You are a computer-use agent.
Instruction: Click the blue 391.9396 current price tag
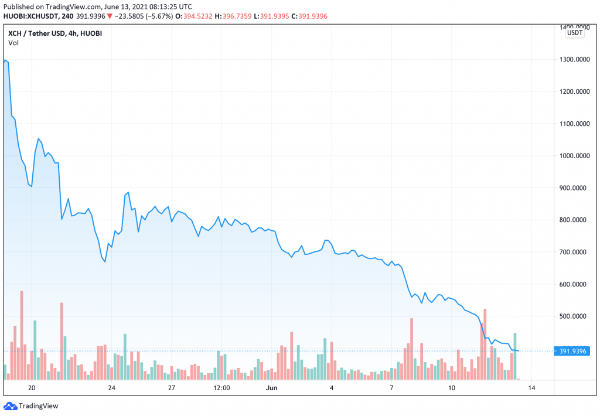[x=571, y=351]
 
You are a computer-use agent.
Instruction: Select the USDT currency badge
[x=574, y=33]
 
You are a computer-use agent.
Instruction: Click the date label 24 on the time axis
[x=111, y=388]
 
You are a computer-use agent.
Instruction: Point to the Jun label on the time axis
[x=271, y=388]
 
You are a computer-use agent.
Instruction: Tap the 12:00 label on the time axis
[x=221, y=388]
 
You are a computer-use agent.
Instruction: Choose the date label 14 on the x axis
[x=531, y=388]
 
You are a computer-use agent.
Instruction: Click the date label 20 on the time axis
[x=32, y=388]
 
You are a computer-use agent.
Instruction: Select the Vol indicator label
[x=13, y=43]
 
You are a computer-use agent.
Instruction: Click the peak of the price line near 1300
[x=5, y=60]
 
